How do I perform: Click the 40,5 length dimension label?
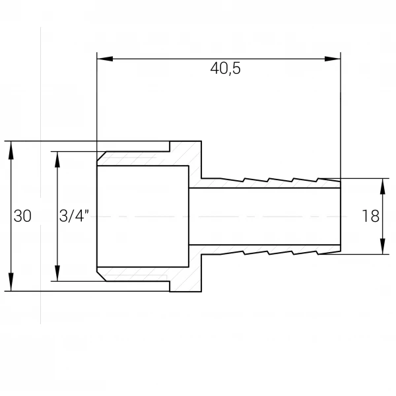coord(225,69)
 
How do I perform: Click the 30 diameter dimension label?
coord(22,216)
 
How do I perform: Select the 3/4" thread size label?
coord(74,216)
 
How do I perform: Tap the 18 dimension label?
coord(371,216)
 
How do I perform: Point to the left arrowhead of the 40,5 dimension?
coord(105,59)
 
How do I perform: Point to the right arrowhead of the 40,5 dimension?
coord(333,59)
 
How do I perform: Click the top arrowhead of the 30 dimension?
coord(11,150)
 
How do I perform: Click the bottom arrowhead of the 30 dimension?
coord(11,282)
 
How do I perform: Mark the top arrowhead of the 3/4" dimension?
coord(57,160)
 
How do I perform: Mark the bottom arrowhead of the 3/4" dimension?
coord(57,273)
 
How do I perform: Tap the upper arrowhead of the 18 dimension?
coord(383,186)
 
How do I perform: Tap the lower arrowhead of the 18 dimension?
coord(383,246)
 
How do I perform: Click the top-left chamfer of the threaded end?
coord(102,156)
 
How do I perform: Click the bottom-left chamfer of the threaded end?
coord(102,277)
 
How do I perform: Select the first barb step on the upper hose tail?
coord(244,180)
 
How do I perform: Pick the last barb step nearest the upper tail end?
coord(317,180)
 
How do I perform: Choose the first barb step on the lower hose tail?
coord(244,253)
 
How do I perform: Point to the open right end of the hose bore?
coord(341,216)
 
